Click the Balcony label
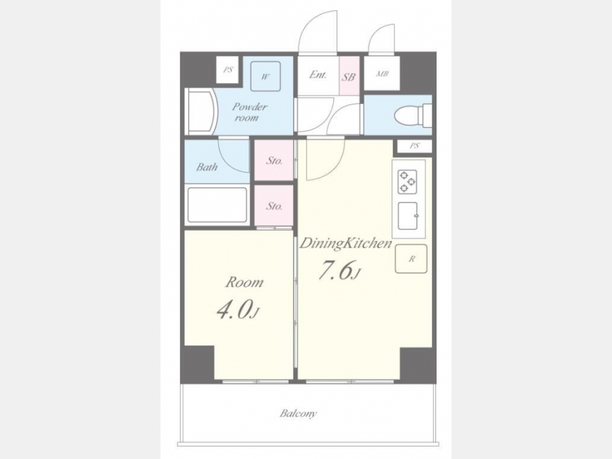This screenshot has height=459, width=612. [299, 413]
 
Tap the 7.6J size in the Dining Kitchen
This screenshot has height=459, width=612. [339, 270]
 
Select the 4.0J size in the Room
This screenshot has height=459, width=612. [238, 310]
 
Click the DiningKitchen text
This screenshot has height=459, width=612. [345, 243]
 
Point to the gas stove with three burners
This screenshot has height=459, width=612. [407, 182]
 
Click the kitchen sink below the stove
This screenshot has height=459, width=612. [407, 216]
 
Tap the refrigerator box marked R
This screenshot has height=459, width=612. [411, 259]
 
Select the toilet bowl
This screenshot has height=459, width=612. [413, 116]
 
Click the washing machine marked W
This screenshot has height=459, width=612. [265, 76]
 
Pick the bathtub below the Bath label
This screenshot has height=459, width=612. [217, 205]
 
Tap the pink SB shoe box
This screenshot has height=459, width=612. [349, 76]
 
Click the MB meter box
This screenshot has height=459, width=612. [382, 73]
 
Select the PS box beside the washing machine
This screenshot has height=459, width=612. [228, 70]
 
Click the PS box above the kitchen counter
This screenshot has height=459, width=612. [415, 146]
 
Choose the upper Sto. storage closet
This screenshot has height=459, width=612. [274, 160]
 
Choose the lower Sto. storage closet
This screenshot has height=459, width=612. [274, 205]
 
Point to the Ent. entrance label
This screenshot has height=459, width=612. [318, 75]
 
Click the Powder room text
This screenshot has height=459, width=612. [249, 112]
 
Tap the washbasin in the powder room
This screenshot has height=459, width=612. [201, 112]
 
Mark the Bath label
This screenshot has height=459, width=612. [207, 167]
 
